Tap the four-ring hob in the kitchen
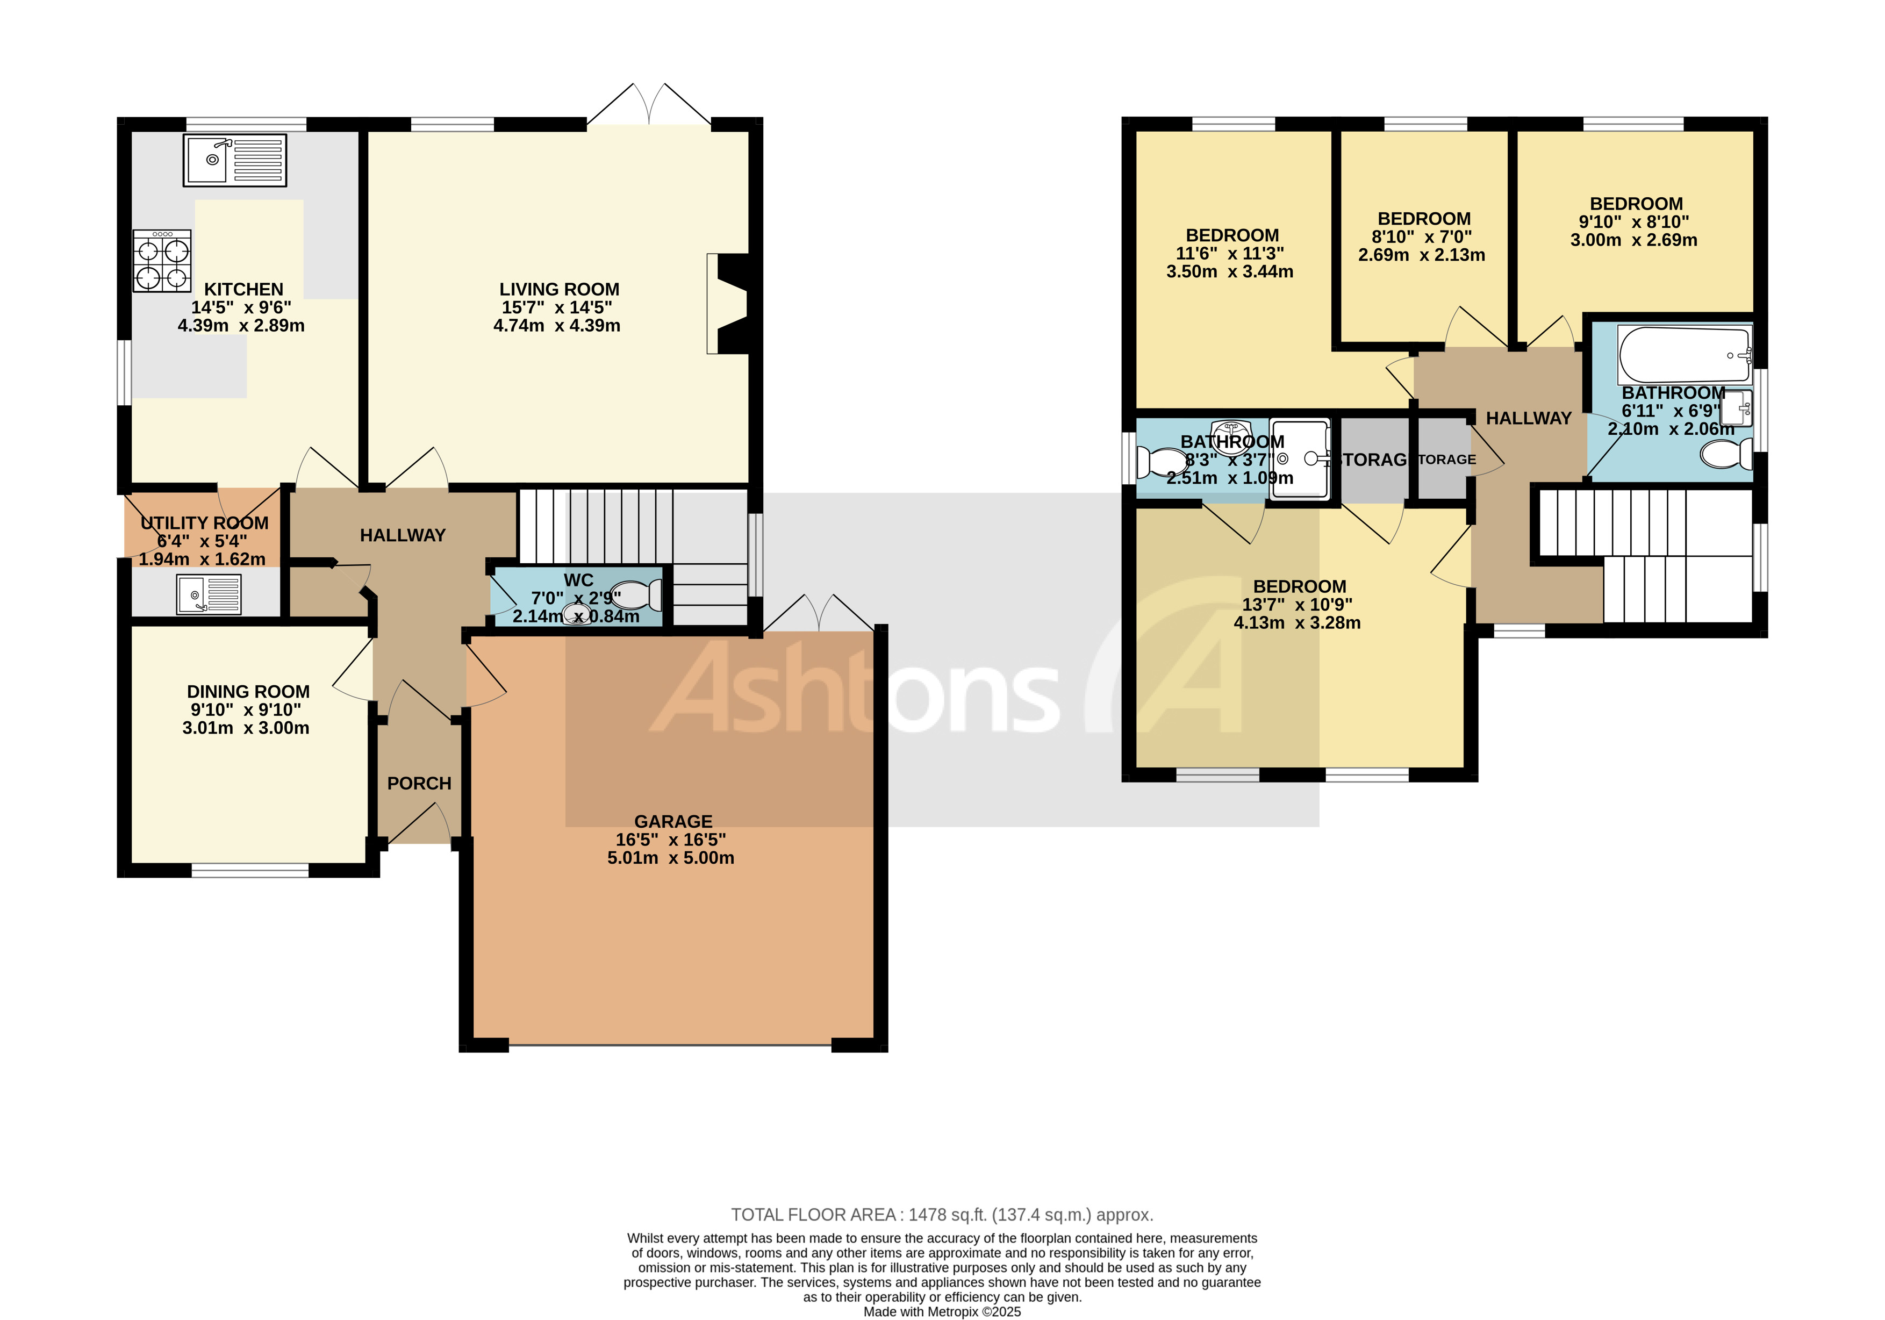(x=162, y=261)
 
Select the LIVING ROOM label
(x=559, y=290)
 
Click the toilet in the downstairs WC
(x=638, y=594)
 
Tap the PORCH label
(x=419, y=783)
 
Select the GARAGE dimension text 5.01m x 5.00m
(x=671, y=858)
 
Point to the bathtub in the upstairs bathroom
(x=1685, y=355)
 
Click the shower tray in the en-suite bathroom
(x=1299, y=459)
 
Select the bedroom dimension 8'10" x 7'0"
(x=1421, y=237)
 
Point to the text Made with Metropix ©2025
(x=942, y=1312)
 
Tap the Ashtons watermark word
(x=854, y=690)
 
